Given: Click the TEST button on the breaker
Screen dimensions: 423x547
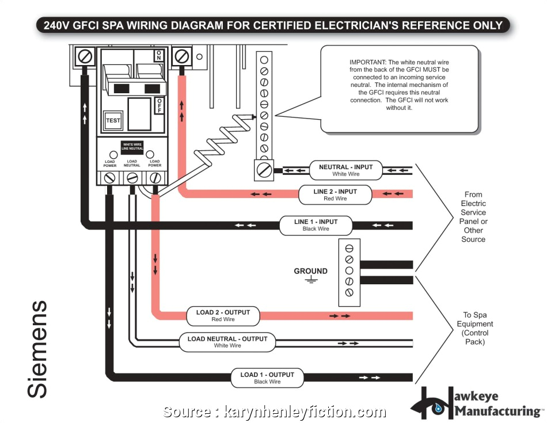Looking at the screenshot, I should pyautogui.click(x=113, y=120).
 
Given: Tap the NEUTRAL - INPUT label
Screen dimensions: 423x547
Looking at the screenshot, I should pyautogui.click(x=346, y=170).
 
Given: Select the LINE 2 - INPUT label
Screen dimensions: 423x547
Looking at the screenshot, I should pyautogui.click(x=335, y=195).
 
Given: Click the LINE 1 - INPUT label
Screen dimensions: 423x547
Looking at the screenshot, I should pyautogui.click(x=316, y=225).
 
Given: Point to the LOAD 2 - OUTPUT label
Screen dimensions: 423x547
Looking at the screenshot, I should pyautogui.click(x=223, y=316).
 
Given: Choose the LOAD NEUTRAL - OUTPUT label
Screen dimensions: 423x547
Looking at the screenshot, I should pyautogui.click(x=227, y=342).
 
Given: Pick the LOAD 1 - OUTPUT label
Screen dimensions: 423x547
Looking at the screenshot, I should pyautogui.click(x=267, y=378).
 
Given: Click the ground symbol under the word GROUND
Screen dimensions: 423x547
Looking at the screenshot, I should pyautogui.click(x=311, y=280).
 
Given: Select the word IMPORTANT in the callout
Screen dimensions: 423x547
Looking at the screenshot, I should pyautogui.click(x=368, y=62).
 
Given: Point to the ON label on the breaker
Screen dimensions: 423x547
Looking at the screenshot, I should pyautogui.click(x=158, y=56).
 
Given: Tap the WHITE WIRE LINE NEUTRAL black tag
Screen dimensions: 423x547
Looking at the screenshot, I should pyautogui.click(x=132, y=146).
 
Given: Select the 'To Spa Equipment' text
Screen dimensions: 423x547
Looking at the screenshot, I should pyautogui.click(x=474, y=328).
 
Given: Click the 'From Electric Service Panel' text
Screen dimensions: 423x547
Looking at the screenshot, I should pyautogui.click(x=473, y=216).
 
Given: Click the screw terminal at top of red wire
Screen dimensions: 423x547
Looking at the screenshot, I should pyautogui.click(x=182, y=56).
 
